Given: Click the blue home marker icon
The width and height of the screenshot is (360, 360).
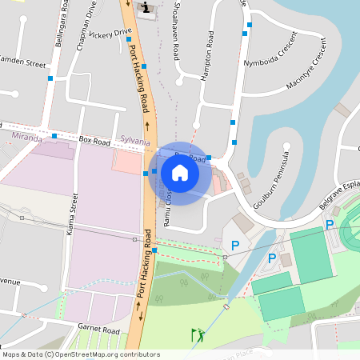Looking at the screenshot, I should (180, 173).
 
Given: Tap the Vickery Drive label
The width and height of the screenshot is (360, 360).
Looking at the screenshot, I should (110, 34).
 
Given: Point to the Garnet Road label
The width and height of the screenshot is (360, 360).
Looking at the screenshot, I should (99, 330).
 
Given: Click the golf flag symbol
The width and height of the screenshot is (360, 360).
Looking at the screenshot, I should (197, 334).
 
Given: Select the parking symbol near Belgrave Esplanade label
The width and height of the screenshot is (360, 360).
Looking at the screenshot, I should (330, 225).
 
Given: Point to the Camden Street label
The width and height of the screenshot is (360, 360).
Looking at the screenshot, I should (22, 61).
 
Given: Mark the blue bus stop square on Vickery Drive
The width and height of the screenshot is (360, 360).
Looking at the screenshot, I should (128, 38).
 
